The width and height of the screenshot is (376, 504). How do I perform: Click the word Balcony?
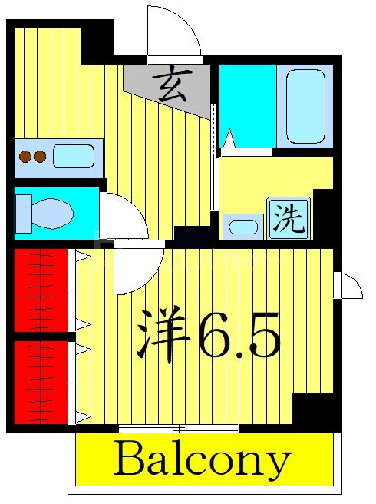(x=203, y=461)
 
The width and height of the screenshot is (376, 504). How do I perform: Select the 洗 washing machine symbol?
(x=289, y=218)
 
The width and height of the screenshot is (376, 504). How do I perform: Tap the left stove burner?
(x=25, y=157)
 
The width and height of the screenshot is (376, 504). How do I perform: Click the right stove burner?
(x=39, y=157)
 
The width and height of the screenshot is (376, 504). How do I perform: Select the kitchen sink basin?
(x=74, y=156)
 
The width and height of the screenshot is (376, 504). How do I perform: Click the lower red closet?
(x=41, y=381)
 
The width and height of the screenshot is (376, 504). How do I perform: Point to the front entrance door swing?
(x=172, y=32)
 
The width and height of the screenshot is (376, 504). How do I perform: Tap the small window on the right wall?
(x=349, y=285)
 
